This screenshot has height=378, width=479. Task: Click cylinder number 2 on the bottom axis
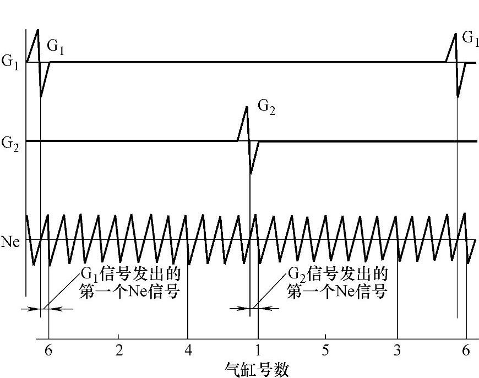[x=119, y=351]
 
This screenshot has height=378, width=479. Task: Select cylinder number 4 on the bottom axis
[x=188, y=351]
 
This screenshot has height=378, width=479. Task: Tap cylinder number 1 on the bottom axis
[x=258, y=351]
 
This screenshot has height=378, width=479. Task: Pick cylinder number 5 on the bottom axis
[x=325, y=351]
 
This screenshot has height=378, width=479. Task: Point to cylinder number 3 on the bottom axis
[x=397, y=351]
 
